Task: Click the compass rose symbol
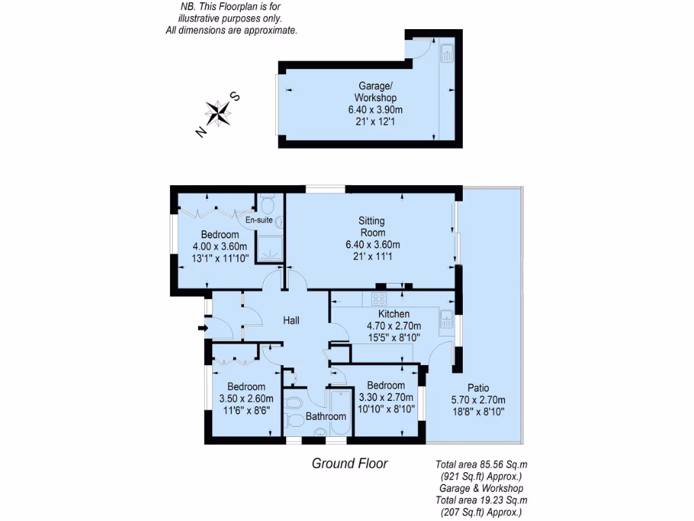(218, 113)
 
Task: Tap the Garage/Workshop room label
(375, 92)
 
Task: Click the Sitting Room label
(372, 227)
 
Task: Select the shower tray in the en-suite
(270, 250)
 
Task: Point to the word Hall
(291, 320)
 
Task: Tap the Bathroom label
(325, 417)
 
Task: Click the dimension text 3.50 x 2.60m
(246, 399)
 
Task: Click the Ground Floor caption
(349, 463)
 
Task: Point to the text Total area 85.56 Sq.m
(481, 465)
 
